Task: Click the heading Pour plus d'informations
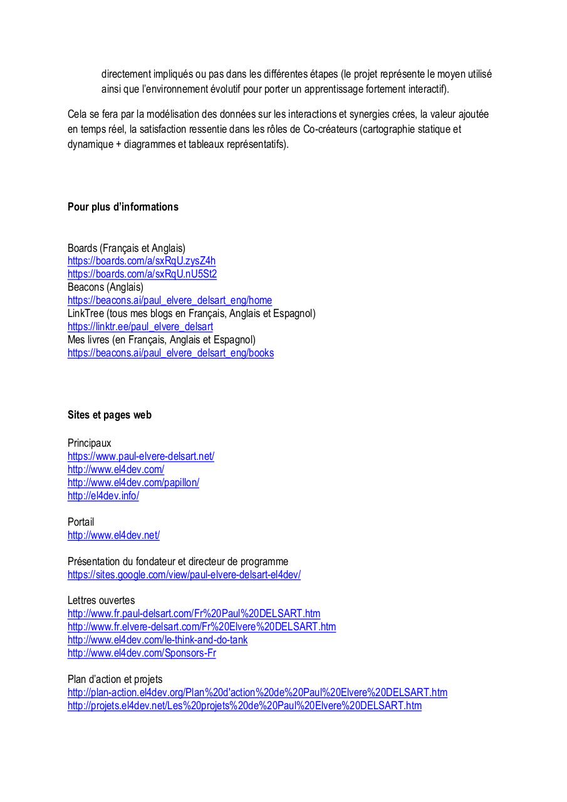(x=123, y=207)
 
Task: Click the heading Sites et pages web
(x=110, y=415)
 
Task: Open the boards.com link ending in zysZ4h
(x=142, y=261)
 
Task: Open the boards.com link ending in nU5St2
(x=142, y=274)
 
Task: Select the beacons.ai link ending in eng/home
(x=170, y=300)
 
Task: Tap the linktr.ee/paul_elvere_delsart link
(x=140, y=326)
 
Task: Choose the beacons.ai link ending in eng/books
(x=170, y=353)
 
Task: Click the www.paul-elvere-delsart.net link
(x=141, y=456)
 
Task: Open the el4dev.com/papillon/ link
(x=133, y=482)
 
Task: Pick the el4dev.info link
(x=103, y=496)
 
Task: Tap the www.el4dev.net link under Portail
(x=113, y=535)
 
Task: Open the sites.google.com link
(x=184, y=575)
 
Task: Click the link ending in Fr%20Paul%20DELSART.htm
(x=194, y=613)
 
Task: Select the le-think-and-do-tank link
(x=157, y=640)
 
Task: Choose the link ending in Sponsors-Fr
(x=142, y=653)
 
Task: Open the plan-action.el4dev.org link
(x=257, y=692)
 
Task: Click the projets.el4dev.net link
(x=244, y=706)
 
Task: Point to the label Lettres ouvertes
(x=101, y=600)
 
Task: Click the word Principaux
(x=90, y=443)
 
